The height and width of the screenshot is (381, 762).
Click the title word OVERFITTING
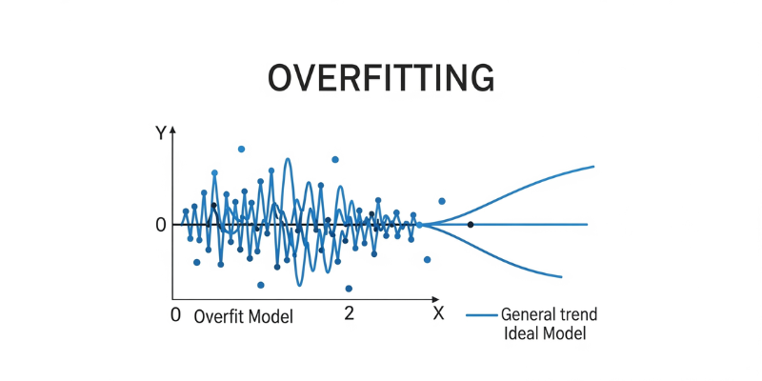pos(381,78)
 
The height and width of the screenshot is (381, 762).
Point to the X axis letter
pos(438,313)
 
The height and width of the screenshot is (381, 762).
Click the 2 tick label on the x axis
pos(349,313)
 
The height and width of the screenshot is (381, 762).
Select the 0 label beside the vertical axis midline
pos(161,225)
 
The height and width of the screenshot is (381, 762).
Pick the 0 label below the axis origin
pos(174,314)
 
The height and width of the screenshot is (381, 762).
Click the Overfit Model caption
pos(244,315)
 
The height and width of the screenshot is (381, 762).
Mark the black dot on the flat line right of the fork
pos(471,225)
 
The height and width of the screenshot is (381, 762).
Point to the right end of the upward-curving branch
pos(593,167)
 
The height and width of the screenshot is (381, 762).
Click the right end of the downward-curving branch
pos(561,277)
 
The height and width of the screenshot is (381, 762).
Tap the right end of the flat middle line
pos(587,225)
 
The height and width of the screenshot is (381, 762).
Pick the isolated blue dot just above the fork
pos(442,201)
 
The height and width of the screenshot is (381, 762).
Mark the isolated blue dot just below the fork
pos(427,259)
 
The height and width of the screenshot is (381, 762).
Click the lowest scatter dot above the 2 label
pos(349,288)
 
